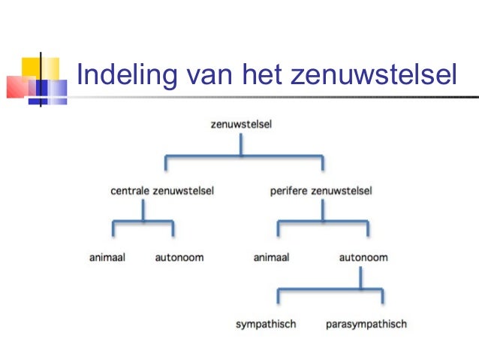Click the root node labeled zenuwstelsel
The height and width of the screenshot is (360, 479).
[x=241, y=124]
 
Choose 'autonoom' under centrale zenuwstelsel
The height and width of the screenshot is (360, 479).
[x=179, y=258]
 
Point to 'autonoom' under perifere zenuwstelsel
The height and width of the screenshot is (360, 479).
[x=363, y=258]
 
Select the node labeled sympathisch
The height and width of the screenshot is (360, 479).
[x=265, y=324]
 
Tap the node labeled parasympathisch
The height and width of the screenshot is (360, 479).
[x=366, y=324]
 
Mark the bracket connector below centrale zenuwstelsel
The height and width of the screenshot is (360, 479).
[x=143, y=222]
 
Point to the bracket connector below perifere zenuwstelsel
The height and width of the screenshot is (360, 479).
[x=323, y=222]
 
